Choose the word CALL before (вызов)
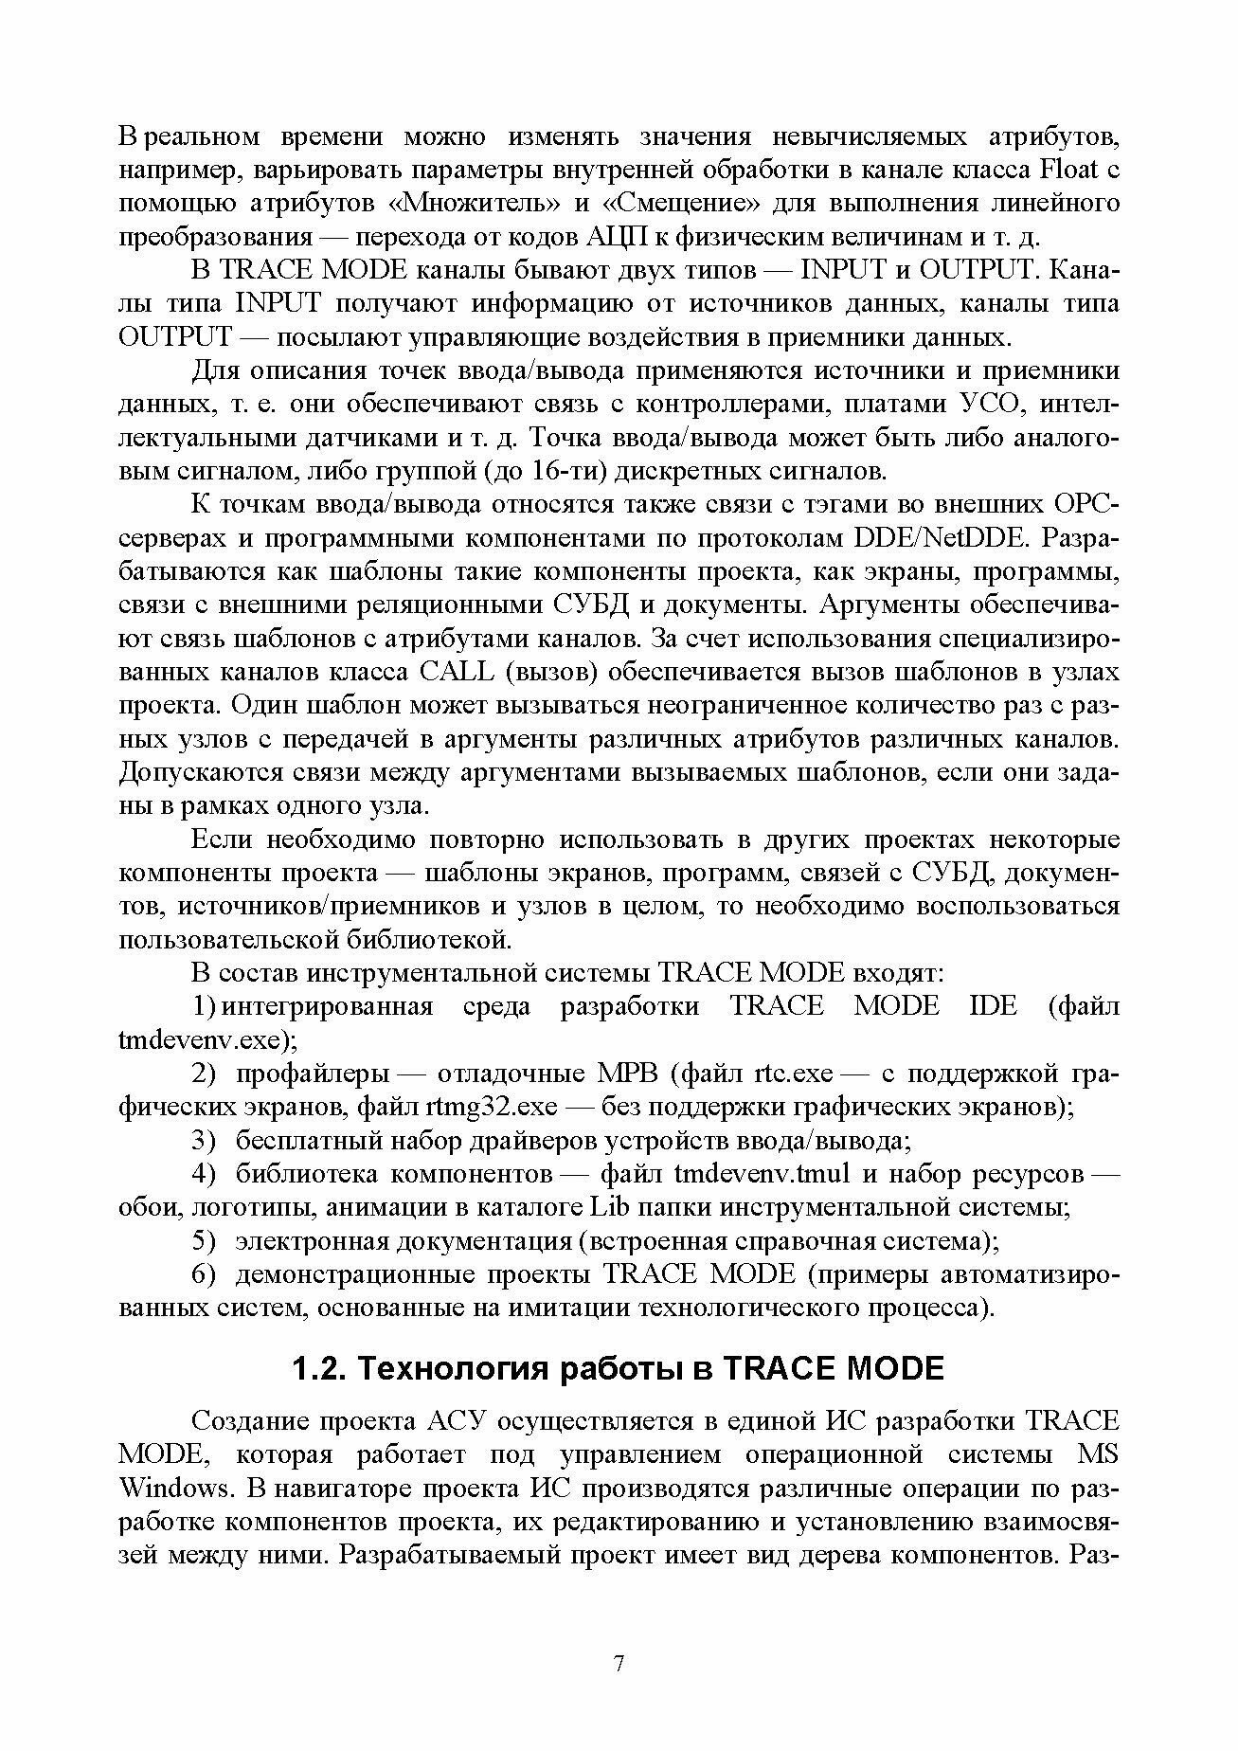click(455, 672)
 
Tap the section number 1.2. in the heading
click(317, 1368)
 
